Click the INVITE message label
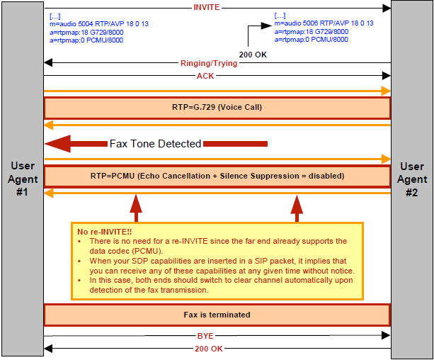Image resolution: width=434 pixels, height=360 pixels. coord(207,7)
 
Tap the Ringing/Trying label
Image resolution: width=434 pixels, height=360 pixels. coord(209,63)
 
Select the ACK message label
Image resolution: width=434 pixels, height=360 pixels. coord(205,76)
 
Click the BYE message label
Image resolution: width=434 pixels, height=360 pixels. coord(205,336)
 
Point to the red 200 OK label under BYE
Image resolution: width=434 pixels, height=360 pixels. coord(209,349)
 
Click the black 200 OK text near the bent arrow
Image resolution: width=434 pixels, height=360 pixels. coord(253,55)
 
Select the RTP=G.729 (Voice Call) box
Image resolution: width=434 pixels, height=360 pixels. coord(217,108)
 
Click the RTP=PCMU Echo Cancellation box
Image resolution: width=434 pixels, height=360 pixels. coord(217,176)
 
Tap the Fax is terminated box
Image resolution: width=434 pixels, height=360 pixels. coord(217,315)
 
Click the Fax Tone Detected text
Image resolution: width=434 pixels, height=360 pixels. coord(155,144)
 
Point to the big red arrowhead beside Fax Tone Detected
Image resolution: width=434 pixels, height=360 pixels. coord(58,144)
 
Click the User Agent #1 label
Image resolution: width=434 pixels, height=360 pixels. coord(23,179)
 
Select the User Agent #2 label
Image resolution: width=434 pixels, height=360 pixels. coord(412,179)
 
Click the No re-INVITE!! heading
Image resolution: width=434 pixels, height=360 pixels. coord(104,232)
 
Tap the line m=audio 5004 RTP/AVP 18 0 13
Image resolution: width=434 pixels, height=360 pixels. coord(99,24)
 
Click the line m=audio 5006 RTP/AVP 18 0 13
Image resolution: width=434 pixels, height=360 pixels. coord(324,23)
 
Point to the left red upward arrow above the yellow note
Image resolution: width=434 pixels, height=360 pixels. coord(136,208)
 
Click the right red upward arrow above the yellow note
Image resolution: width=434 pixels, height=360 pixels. coord(297,208)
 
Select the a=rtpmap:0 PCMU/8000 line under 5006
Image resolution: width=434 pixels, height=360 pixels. coord(311,40)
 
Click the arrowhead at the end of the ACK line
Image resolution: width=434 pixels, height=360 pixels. coord(386,76)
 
